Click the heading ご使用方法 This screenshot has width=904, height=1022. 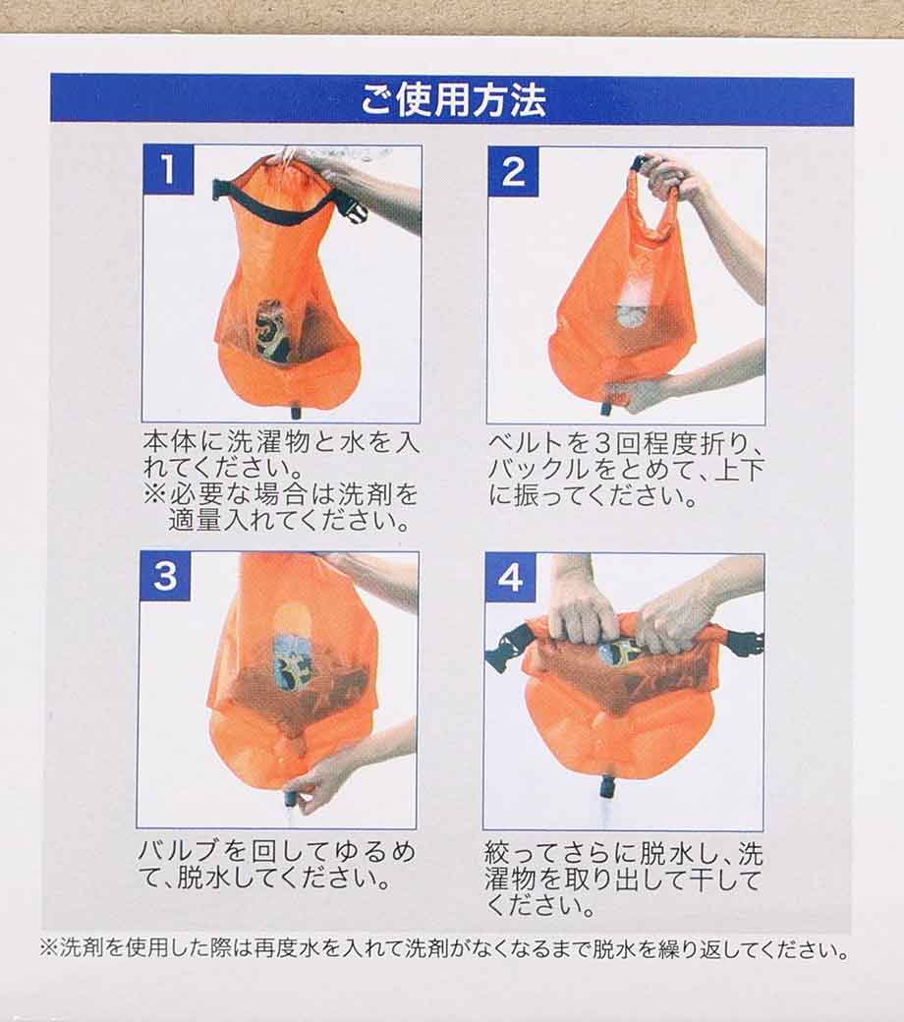click(x=453, y=99)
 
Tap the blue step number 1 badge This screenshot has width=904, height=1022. click(x=168, y=169)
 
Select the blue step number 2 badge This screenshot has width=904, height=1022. click(x=513, y=171)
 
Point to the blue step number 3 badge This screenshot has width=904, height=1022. click(x=165, y=576)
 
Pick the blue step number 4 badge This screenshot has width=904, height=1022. click(x=510, y=578)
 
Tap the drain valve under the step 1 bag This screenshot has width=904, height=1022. click(x=297, y=412)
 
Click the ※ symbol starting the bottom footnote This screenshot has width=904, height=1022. click(x=49, y=947)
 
